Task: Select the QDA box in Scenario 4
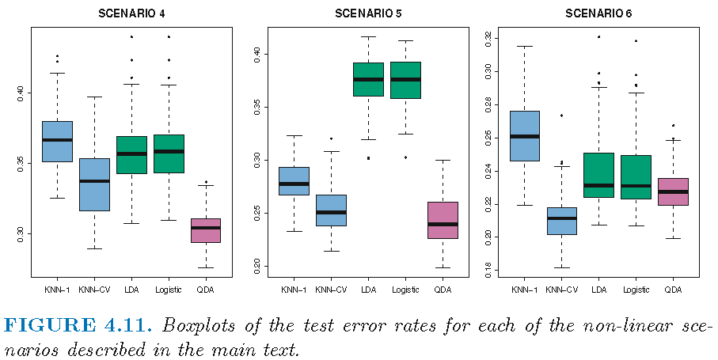pos(206,230)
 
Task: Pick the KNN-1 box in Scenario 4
pos(57,141)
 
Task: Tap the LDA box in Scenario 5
pos(368,79)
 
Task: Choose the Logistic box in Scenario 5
pos(405,80)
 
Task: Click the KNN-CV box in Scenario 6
pos(561,221)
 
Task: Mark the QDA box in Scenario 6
pos(673,191)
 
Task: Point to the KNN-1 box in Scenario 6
pos(524,135)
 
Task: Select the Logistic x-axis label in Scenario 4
pos(169,290)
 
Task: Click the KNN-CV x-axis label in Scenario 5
pos(331,290)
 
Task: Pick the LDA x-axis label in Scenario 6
pos(598,290)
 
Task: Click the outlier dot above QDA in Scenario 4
pos(206,182)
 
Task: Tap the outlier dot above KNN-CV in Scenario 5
pos(331,138)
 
